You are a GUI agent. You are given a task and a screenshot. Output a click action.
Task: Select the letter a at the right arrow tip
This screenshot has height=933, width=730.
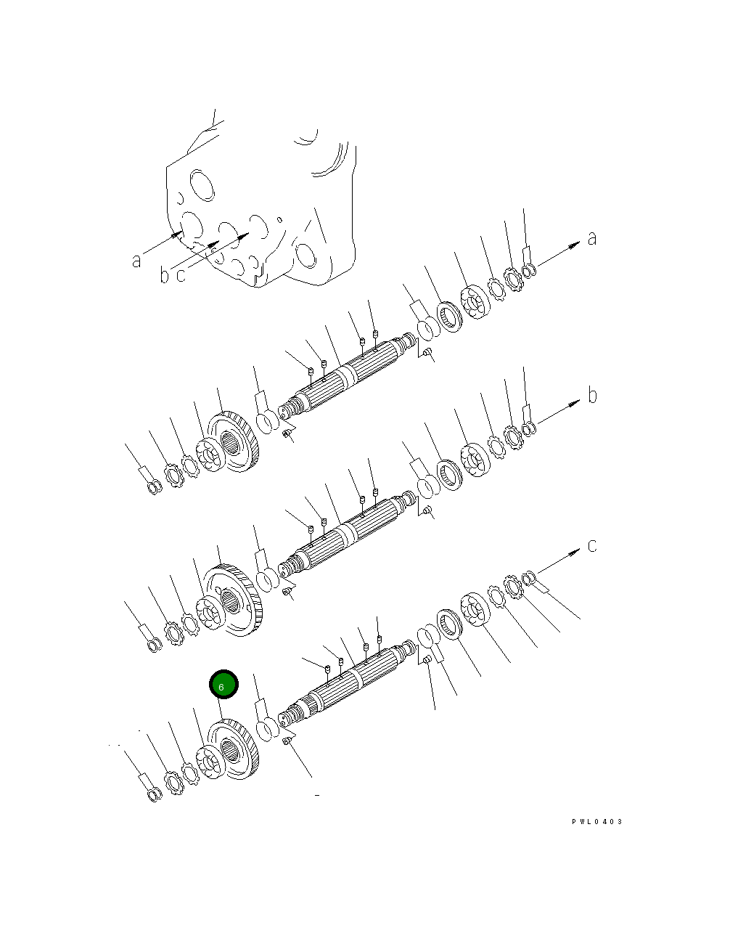pos(592,238)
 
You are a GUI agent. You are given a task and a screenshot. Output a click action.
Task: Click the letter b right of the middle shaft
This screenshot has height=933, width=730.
pos(592,395)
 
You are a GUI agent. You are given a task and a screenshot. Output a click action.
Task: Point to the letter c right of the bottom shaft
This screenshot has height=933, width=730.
pos(592,546)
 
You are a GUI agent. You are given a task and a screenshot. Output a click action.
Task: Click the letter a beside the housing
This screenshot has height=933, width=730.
pos(136,261)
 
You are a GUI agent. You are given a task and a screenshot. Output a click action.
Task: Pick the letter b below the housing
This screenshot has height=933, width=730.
pos(164,274)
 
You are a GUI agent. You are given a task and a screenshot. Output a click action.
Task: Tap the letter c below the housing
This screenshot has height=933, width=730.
pos(181,275)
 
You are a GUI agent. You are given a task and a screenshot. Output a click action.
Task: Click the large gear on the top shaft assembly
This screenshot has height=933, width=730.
pos(234,441)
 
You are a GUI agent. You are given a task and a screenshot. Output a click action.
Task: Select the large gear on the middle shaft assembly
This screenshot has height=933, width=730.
pos(234,600)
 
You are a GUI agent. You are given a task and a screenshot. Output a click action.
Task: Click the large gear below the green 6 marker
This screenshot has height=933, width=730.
pos(234,749)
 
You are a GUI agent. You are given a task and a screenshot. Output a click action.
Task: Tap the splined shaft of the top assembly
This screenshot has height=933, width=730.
pos(348,373)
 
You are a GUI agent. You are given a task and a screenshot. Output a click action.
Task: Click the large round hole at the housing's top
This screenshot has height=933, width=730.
pos(202,185)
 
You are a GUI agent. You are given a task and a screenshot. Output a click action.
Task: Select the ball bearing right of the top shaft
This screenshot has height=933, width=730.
pos(475,301)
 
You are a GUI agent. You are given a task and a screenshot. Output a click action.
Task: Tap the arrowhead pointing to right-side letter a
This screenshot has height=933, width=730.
pos(574,245)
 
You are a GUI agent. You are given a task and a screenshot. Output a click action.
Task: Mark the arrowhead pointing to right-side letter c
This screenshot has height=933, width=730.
pos(574,553)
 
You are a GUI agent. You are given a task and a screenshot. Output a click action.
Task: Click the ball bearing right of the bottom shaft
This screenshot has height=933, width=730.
pos(475,610)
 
